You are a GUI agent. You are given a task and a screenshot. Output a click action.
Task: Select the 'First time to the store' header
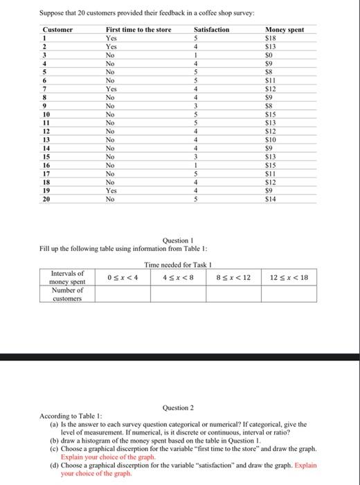(x=138, y=30)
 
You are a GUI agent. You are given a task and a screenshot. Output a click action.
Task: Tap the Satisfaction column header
(x=211, y=30)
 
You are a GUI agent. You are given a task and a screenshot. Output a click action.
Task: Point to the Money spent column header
(x=285, y=30)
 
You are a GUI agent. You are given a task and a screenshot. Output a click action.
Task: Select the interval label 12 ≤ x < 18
(x=287, y=279)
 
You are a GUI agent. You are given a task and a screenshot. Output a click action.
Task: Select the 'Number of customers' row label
(x=68, y=294)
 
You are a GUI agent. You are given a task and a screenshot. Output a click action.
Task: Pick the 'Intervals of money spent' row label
(x=68, y=279)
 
